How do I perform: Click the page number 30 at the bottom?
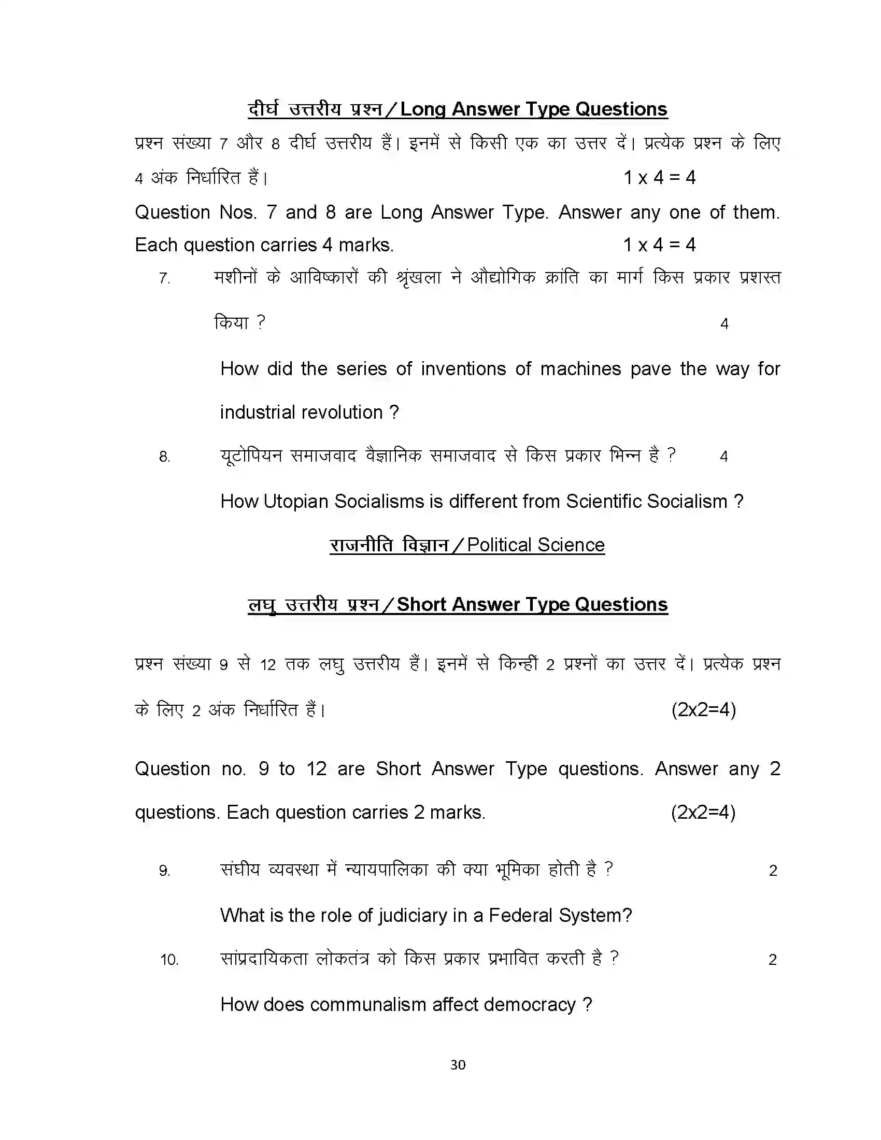[458, 1065]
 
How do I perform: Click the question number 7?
[164, 278]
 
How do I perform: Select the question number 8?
[164, 457]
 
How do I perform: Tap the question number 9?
[164, 871]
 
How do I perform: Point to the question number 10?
[169, 960]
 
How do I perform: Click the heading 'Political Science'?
[535, 545]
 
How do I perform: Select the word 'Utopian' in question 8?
[296, 501]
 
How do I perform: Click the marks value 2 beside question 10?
[773, 960]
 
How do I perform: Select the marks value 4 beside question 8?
[723, 457]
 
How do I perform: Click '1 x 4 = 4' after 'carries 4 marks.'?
[659, 245]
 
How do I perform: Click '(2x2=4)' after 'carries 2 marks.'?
[703, 812]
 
